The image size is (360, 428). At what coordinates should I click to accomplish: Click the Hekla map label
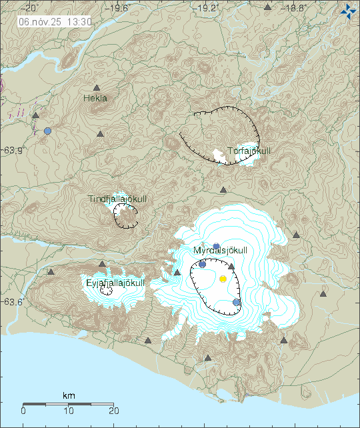coord(95,99)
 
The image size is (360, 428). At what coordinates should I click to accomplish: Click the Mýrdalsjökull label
coord(220,251)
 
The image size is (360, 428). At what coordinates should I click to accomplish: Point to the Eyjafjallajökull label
coord(115,283)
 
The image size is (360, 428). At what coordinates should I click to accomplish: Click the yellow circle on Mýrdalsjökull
coord(223,279)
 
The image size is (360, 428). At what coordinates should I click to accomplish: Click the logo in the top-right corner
coord(347,11)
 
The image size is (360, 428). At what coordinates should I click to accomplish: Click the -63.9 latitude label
coord(11,150)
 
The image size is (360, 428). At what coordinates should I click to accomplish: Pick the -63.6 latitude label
coord(11,302)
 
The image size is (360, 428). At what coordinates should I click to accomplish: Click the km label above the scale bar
coord(69,396)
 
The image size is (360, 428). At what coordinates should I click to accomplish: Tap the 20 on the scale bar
coord(113,411)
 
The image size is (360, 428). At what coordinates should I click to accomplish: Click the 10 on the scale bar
coord(69,411)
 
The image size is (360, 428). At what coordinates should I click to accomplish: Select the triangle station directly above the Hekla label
coord(97,88)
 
